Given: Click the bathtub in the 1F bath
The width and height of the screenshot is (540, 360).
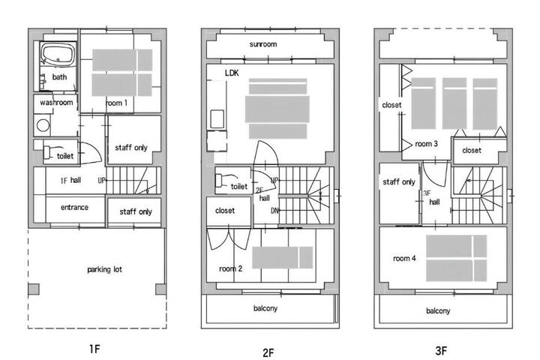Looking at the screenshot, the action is click(x=58, y=55).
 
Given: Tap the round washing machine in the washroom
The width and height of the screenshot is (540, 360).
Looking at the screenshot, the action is click(x=43, y=125).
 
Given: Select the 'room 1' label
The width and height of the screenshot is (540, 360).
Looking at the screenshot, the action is click(x=116, y=103).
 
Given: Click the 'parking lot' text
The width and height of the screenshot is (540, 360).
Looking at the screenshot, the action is click(x=105, y=269).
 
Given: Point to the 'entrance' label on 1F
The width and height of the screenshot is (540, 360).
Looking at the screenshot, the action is click(x=74, y=208).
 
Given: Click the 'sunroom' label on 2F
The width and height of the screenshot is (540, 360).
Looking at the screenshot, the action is click(x=263, y=44).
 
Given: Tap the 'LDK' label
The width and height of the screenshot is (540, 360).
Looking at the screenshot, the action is click(x=232, y=73).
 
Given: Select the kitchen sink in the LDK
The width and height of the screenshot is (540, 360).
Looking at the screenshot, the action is click(x=217, y=118).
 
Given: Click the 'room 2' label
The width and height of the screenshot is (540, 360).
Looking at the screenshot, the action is click(x=231, y=268).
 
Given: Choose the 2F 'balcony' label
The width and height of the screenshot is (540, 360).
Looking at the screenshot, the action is click(x=265, y=308).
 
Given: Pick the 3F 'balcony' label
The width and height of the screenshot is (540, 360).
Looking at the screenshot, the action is click(x=438, y=310).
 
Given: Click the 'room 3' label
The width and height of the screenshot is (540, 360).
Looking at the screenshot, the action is click(x=426, y=144).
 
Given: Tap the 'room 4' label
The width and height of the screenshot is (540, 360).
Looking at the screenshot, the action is click(x=404, y=258).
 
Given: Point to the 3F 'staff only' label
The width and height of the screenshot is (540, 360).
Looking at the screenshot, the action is click(x=399, y=182).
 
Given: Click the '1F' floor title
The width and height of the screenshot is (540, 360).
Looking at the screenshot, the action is click(x=94, y=349).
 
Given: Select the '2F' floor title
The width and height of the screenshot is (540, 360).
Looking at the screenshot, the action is click(x=268, y=352).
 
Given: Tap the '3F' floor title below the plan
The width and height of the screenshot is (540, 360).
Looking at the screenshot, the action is click(x=441, y=351).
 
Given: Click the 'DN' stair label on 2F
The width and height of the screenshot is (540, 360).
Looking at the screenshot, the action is click(x=274, y=211).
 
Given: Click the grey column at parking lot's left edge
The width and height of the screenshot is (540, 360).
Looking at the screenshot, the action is click(x=34, y=289).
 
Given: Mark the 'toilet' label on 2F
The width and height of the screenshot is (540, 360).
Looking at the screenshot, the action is click(x=239, y=186).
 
